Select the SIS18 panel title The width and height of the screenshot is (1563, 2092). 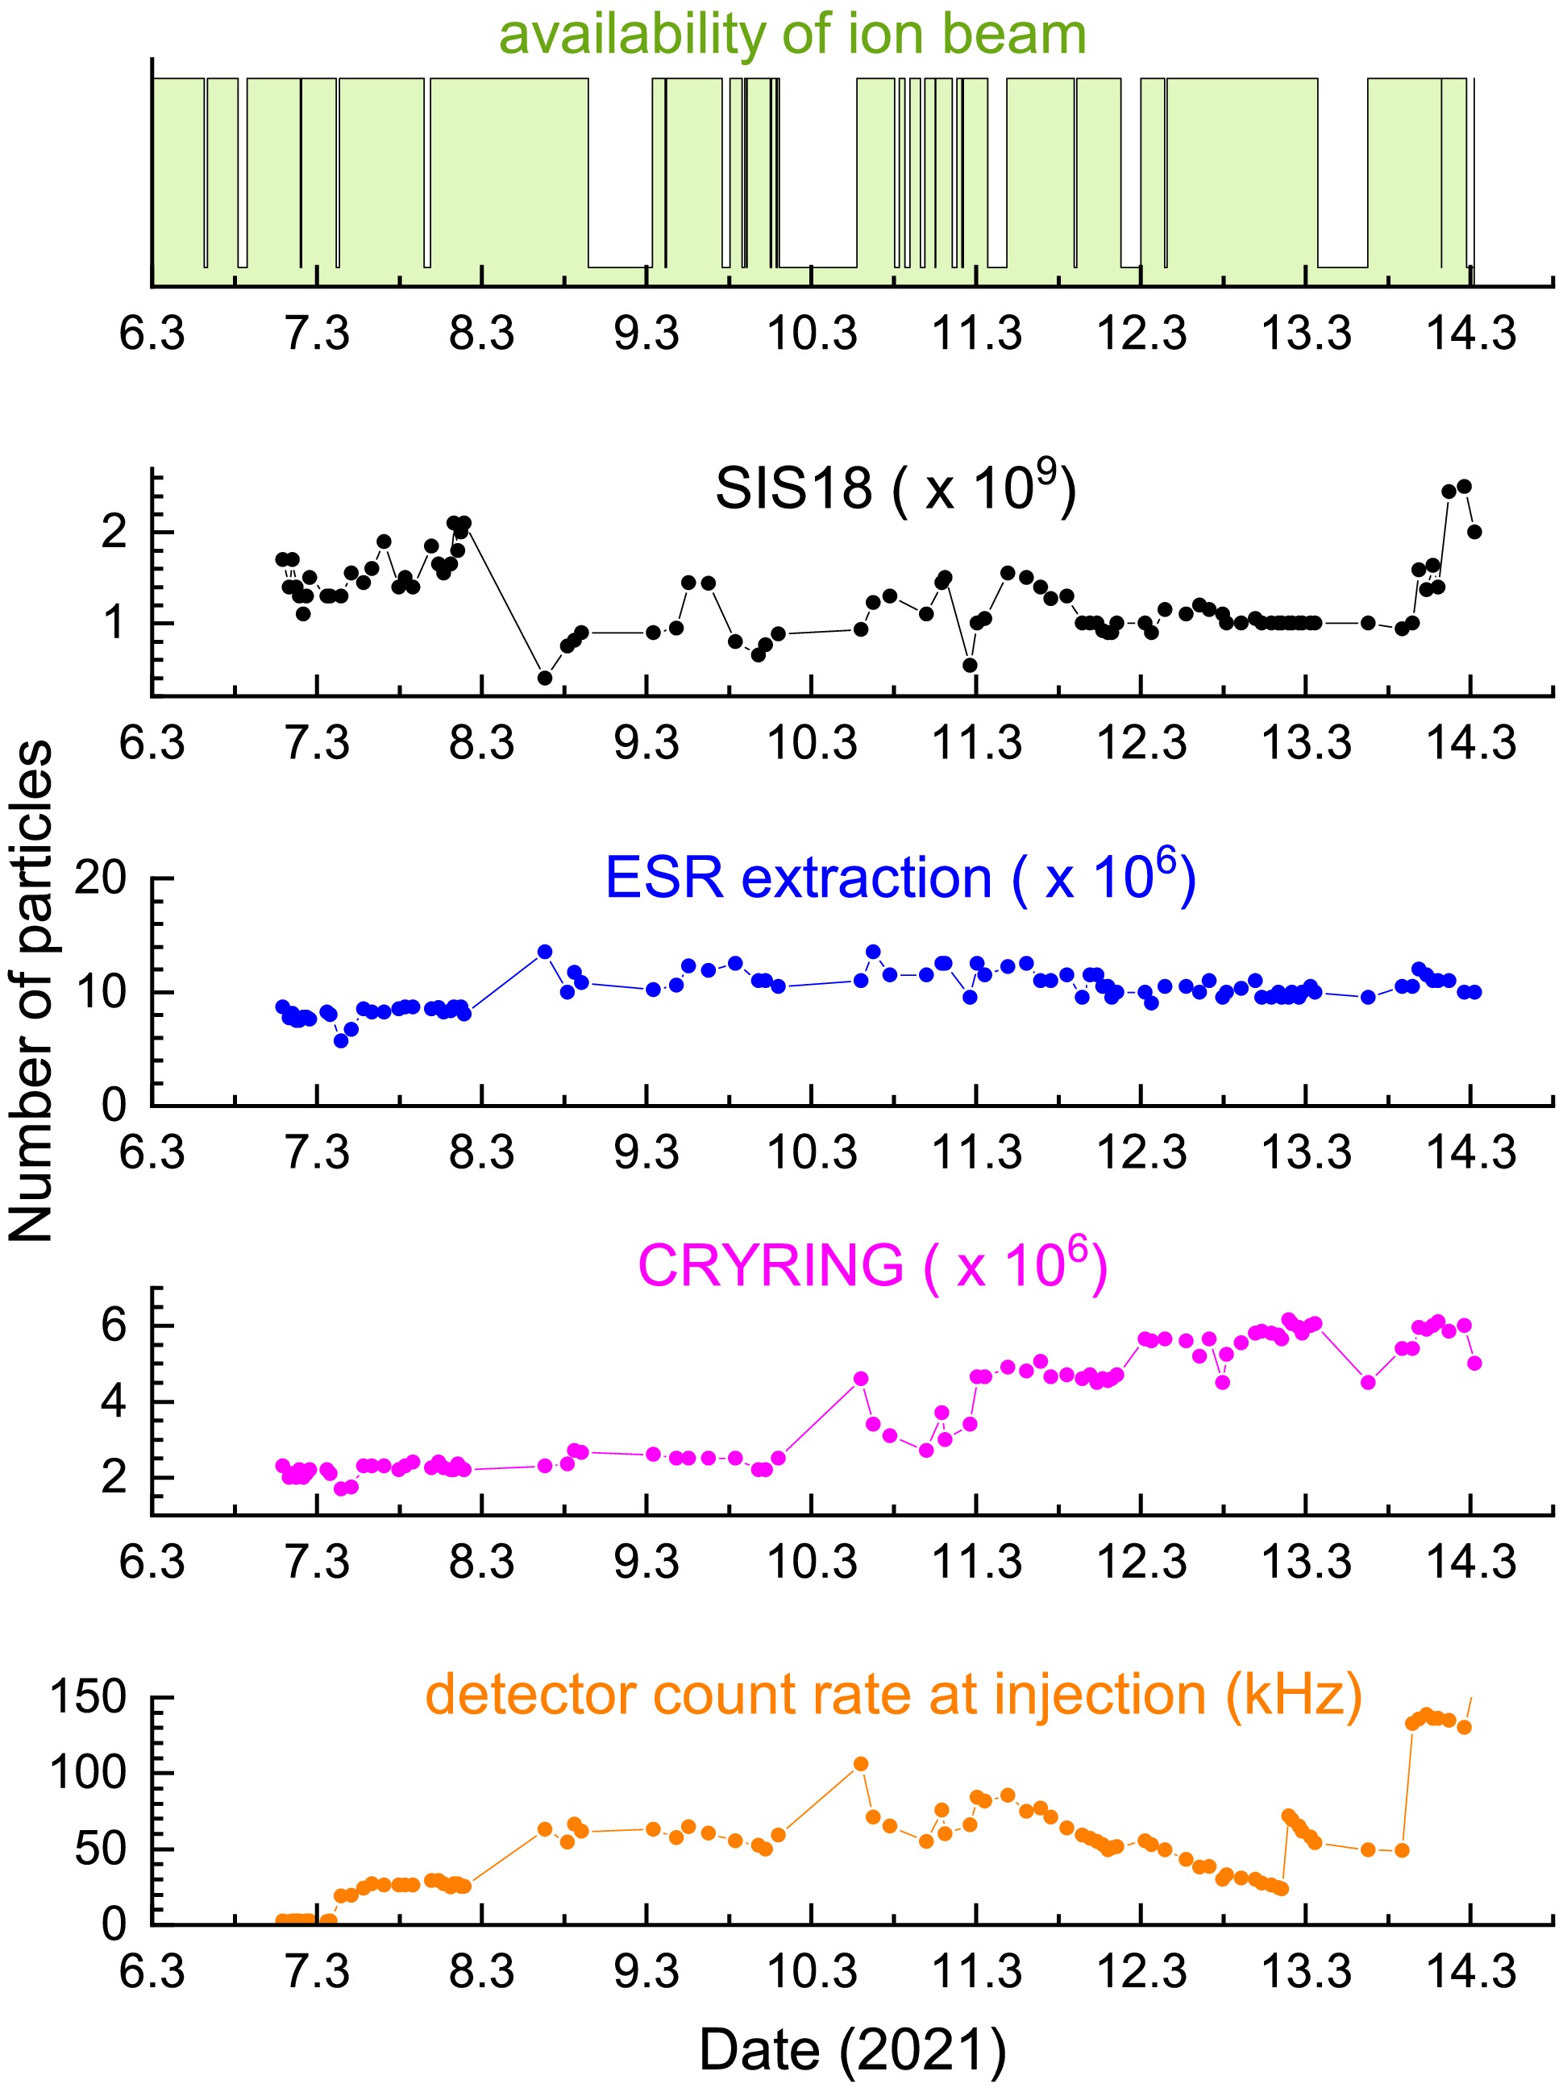pos(895,488)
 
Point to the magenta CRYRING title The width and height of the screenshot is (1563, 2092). pos(872,1264)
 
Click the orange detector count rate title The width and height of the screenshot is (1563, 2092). pos(893,1694)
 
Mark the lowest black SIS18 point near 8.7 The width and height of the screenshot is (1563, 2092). pos(545,678)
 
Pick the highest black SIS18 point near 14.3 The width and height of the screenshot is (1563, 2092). pos(1464,487)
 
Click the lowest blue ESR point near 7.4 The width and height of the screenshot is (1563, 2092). pos(341,1040)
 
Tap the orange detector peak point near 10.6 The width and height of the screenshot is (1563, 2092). pos(861,1764)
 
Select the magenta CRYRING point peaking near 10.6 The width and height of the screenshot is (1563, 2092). pos(861,1379)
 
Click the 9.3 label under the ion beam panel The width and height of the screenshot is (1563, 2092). pos(647,334)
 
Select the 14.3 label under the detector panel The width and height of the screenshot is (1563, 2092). pos(1471,1972)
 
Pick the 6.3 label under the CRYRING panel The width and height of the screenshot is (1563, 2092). pos(152,1562)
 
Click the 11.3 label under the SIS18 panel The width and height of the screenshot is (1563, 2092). pos(977,743)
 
